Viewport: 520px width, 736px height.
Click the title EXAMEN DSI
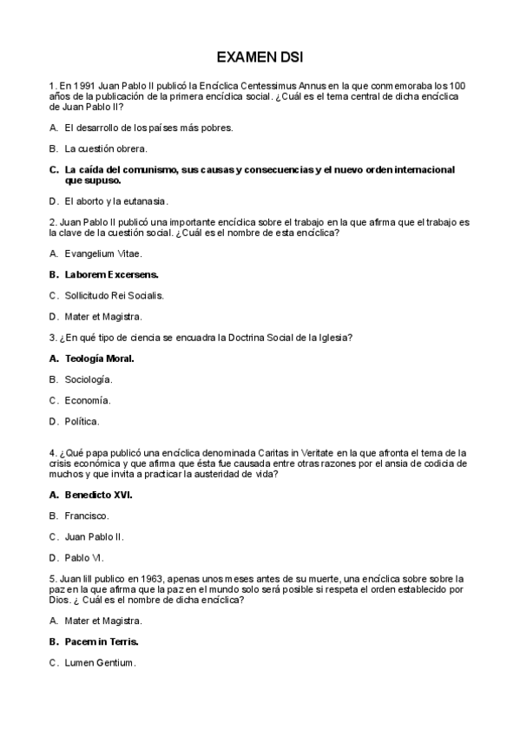pos(260,57)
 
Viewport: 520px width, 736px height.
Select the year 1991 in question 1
pos(83,86)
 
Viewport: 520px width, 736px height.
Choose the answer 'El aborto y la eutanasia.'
pos(115,200)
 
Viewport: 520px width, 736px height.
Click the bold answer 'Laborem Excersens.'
pos(111,274)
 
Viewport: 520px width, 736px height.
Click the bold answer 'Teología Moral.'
pos(99,358)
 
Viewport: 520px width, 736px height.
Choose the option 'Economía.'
pos(88,400)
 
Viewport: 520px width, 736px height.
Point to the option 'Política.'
pos(82,421)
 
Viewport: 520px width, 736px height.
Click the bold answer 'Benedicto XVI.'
pos(98,495)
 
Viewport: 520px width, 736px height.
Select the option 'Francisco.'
pos(87,516)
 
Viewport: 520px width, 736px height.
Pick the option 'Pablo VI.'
pos(84,557)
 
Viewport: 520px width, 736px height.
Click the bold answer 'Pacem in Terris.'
pos(102,641)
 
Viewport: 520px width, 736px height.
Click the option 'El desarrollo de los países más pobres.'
pos(148,128)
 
